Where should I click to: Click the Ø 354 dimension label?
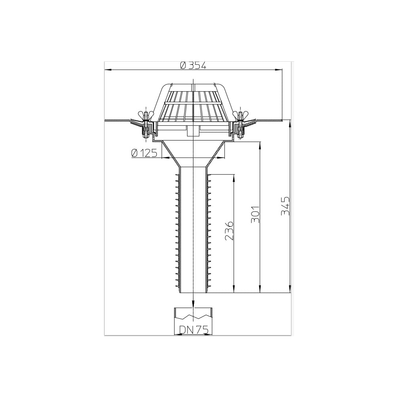click(x=193, y=66)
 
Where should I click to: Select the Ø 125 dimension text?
click(x=144, y=153)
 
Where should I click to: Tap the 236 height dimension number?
click(x=229, y=231)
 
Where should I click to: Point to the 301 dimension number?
click(x=256, y=214)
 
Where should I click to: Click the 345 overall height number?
click(x=285, y=206)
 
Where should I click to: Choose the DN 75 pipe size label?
click(x=194, y=330)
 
